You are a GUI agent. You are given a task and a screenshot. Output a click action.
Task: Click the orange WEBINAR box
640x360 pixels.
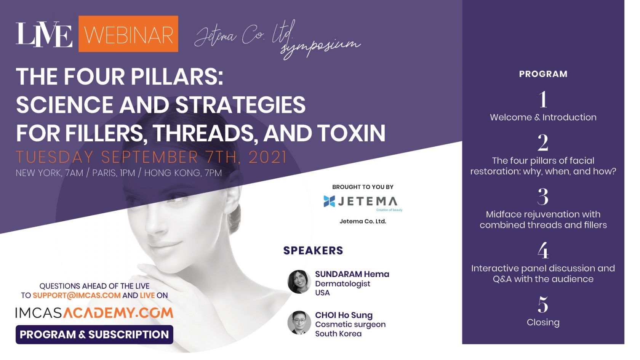click(x=128, y=34)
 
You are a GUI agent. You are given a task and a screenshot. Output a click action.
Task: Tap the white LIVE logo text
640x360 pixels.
click(x=44, y=34)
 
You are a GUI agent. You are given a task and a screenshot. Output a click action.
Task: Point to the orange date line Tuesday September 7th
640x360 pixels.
click(x=152, y=157)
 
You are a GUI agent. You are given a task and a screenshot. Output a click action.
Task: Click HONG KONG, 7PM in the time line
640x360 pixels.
click(x=183, y=173)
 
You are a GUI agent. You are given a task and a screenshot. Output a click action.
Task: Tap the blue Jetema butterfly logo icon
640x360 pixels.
click(x=329, y=201)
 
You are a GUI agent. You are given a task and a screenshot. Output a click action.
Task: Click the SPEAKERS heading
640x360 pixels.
click(x=313, y=250)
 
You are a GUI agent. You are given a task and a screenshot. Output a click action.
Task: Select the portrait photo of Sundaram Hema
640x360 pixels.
click(x=299, y=282)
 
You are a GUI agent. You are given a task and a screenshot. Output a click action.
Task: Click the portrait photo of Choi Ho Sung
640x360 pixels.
click(x=299, y=323)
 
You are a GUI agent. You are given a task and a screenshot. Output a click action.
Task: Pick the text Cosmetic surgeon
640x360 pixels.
click(x=350, y=325)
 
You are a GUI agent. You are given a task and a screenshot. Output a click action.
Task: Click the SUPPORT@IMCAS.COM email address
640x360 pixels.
click(x=77, y=295)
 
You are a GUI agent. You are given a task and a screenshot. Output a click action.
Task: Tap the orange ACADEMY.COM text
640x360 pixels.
click(x=118, y=313)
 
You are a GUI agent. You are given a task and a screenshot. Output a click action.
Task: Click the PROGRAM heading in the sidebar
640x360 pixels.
click(x=543, y=74)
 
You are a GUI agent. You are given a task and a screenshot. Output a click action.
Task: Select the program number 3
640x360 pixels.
click(x=543, y=197)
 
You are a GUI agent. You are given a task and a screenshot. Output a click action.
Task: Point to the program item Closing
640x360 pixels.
click(x=543, y=322)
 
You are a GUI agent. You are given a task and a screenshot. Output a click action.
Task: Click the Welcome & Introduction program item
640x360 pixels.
click(x=543, y=117)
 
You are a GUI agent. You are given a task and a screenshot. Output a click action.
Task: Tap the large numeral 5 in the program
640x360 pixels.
click(x=543, y=305)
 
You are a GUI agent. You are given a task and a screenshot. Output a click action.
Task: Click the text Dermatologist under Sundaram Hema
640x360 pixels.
click(x=342, y=284)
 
